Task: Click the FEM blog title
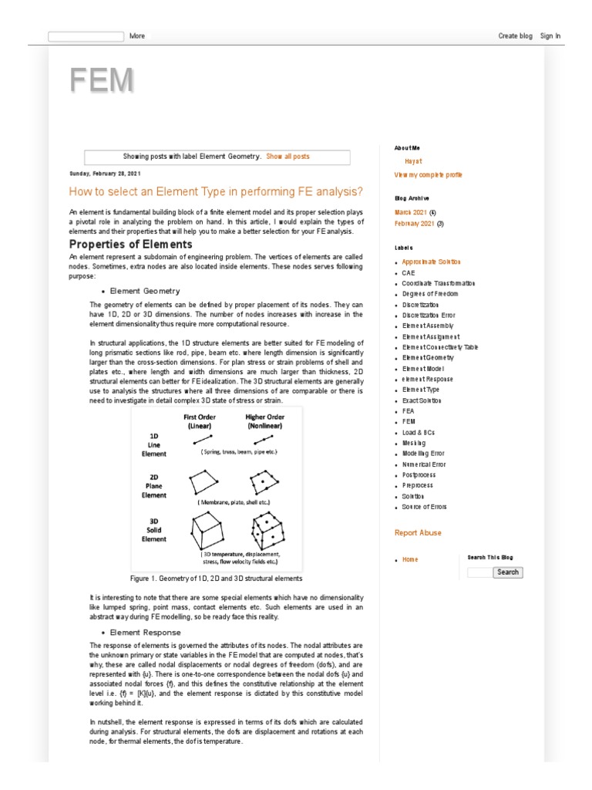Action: click(x=101, y=81)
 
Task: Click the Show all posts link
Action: click(x=288, y=157)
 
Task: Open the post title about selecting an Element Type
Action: click(x=215, y=191)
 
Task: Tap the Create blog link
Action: click(x=515, y=35)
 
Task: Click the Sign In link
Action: click(x=550, y=35)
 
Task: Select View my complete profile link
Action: click(x=428, y=175)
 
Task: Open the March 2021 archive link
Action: click(x=411, y=211)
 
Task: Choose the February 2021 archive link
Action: click(x=414, y=224)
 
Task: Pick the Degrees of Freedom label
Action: click(x=429, y=294)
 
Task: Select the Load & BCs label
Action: click(x=419, y=432)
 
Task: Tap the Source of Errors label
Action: click(x=424, y=507)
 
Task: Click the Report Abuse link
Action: click(x=418, y=532)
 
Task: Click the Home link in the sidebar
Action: click(x=410, y=559)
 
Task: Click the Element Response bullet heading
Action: click(x=145, y=632)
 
